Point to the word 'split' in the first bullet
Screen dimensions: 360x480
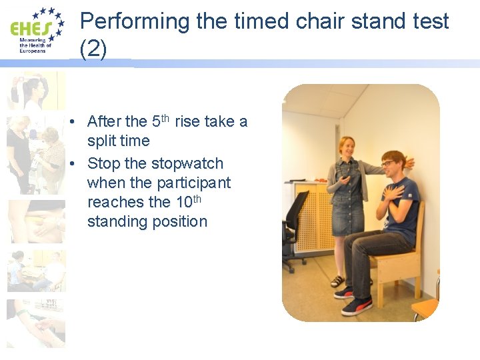point(103,141)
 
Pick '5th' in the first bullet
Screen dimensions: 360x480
point(161,121)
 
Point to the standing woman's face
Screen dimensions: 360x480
point(347,147)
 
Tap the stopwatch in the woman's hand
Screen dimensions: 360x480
point(344,175)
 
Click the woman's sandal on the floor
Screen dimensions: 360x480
point(337,281)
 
